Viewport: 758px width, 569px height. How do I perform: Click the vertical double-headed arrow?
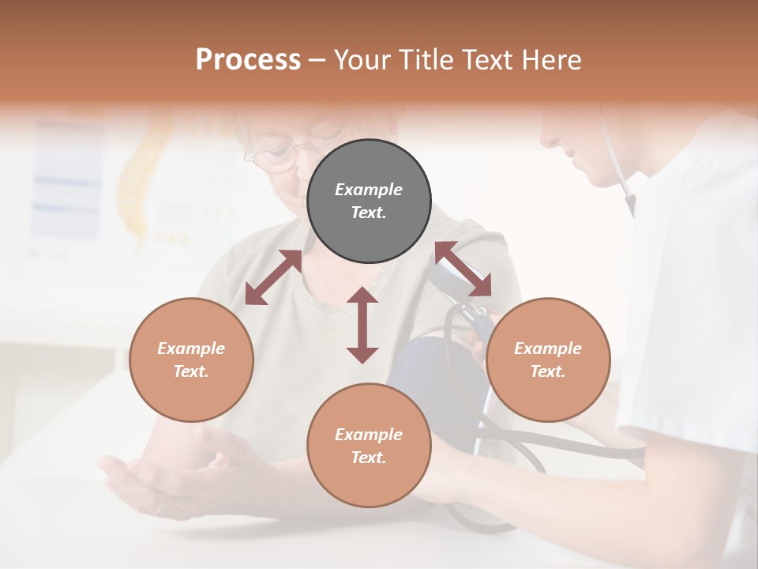click(x=362, y=325)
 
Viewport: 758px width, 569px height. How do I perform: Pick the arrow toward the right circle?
click(x=463, y=269)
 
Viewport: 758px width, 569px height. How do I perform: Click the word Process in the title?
click(x=248, y=59)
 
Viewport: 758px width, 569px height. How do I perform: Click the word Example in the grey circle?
click(x=369, y=190)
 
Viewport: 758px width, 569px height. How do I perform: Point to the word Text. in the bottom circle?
click(x=369, y=458)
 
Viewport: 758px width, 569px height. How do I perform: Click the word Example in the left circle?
click(x=191, y=349)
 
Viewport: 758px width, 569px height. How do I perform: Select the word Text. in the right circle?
click(x=548, y=371)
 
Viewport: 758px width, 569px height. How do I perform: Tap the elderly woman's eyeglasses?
click(x=272, y=153)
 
